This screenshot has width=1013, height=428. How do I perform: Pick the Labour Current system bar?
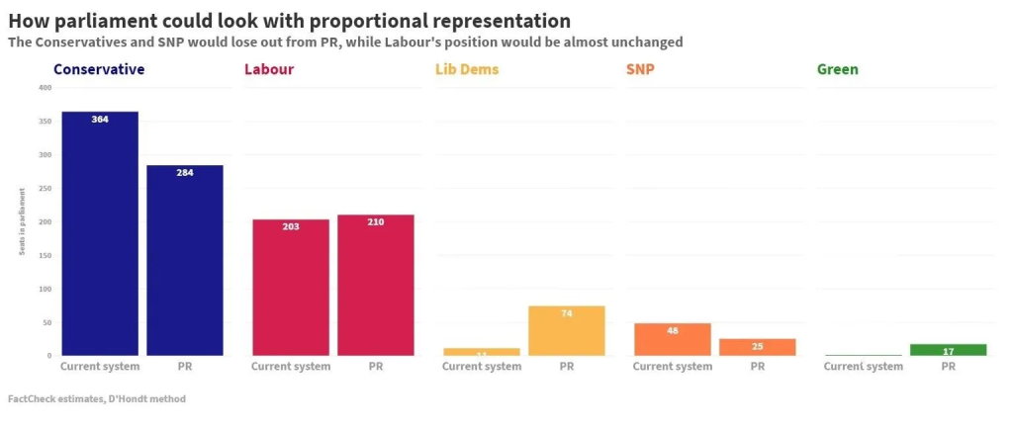291,287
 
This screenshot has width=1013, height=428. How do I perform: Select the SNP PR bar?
758,347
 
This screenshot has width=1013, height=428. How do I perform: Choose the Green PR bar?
949,350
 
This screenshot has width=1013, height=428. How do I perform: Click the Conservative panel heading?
99,69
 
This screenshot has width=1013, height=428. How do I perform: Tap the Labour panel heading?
268,69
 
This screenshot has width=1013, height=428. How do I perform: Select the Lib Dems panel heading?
467,69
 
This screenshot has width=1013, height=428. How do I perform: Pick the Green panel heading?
838,69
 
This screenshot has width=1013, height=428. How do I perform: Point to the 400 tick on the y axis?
45,88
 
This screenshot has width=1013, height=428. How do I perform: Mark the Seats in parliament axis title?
21,221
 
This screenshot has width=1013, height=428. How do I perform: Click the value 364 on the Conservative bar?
100,120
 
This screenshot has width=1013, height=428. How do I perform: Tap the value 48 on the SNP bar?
673,330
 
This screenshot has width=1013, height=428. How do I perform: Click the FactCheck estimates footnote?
96,399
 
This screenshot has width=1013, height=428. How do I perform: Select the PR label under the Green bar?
949,366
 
